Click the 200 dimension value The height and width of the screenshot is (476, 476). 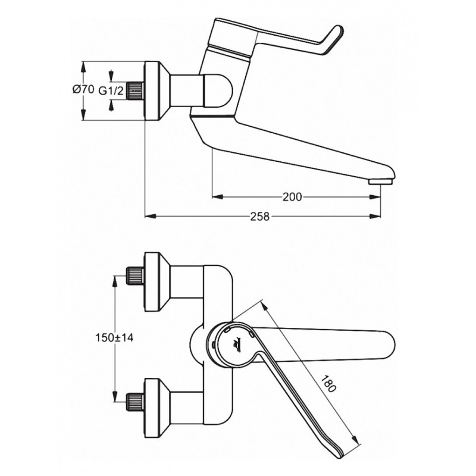click(292, 197)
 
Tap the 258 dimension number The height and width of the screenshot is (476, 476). click(260, 217)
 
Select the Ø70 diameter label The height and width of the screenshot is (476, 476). click(83, 89)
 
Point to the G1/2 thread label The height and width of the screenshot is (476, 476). click(111, 90)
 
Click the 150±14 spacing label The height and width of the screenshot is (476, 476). click(114, 337)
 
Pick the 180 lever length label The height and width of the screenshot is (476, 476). click(328, 384)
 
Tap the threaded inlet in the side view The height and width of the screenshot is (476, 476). click(135, 91)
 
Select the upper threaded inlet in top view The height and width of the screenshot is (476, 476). click(135, 275)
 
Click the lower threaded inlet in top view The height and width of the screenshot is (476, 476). click(135, 401)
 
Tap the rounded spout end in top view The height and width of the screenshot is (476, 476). click(388, 345)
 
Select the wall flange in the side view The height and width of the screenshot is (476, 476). click(155, 91)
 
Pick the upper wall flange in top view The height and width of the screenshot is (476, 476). click(155, 281)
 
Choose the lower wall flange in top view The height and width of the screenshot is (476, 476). click(155, 408)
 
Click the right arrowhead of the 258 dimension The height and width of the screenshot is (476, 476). click(375, 216)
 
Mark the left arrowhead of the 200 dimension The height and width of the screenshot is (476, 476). click(218, 197)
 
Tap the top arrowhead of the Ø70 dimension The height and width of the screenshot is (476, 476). click(83, 67)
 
